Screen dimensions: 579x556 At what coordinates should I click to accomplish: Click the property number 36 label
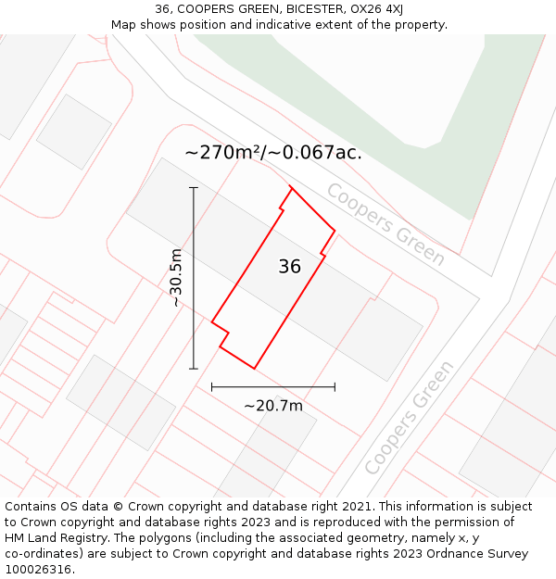289,267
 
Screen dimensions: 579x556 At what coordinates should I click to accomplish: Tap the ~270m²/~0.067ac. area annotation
273,153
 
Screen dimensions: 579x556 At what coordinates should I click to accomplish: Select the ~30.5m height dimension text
176,278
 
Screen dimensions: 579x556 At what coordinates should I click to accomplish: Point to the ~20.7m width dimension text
273,406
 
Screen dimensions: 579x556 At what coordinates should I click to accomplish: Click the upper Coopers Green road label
385,224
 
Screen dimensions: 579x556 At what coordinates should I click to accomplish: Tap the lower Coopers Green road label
410,417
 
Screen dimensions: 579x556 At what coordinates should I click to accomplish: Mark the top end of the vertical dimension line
194,188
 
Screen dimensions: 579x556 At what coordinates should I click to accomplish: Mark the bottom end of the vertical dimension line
194,369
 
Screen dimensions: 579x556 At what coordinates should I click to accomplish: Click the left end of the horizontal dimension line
212,387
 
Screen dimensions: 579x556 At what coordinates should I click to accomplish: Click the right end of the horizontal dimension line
335,387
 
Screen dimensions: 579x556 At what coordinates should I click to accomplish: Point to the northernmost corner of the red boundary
292,188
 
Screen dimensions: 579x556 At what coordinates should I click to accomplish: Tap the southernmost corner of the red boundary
254,369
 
